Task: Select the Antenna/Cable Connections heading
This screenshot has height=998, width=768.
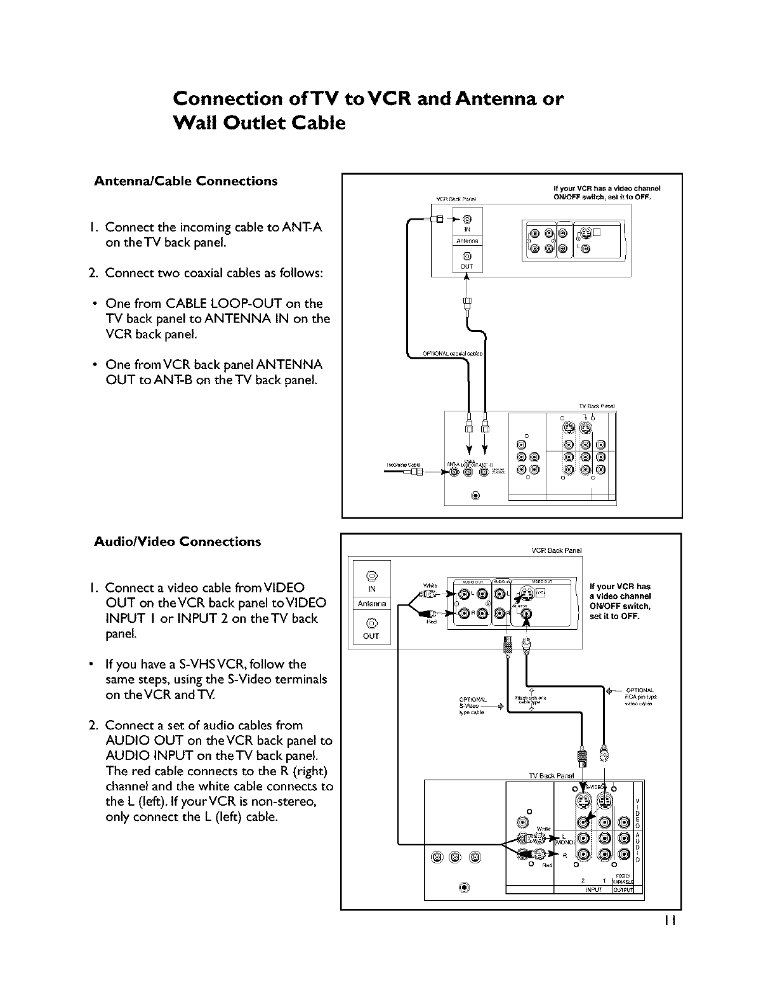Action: tap(185, 182)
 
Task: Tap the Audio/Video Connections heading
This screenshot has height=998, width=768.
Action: tap(177, 542)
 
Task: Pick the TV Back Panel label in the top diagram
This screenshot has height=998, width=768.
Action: tap(597, 406)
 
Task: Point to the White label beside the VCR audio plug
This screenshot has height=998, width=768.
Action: tap(429, 585)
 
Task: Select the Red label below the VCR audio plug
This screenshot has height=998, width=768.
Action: tap(430, 622)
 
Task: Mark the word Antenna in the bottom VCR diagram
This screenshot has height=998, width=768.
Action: tap(373, 604)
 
